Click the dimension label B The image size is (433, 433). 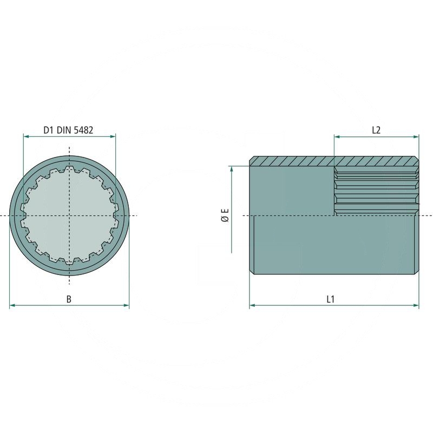pos(69,299)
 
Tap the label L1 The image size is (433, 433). pos(330,299)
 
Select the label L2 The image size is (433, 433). pos(376,130)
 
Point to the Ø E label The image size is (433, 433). pos(225,215)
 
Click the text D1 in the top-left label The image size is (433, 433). pos(48,130)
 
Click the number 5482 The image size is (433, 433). pos(83,130)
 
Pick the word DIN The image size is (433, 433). pos(63,130)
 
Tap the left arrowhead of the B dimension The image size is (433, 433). pos(12,305)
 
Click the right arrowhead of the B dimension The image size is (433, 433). pos(126,305)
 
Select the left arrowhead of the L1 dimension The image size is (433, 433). pos(252,305)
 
